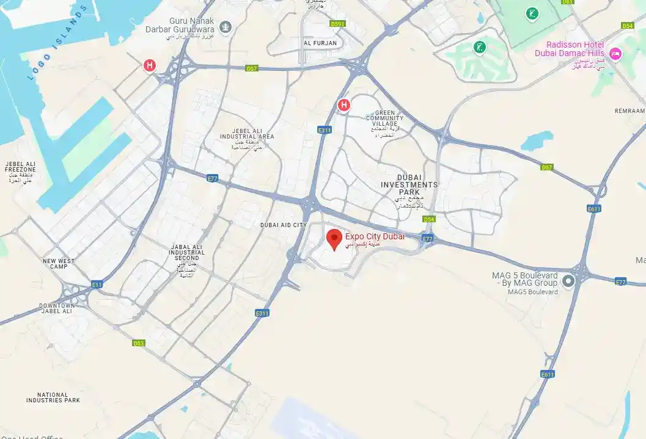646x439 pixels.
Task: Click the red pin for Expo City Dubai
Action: pyautogui.click(x=334, y=239)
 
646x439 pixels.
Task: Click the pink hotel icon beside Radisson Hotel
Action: pyautogui.click(x=616, y=54)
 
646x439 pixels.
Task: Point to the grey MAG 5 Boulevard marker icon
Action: pyautogui.click(x=568, y=281)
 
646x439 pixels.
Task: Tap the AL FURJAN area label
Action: pyautogui.click(x=320, y=43)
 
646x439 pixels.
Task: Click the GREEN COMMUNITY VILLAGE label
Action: pyautogui.click(x=385, y=119)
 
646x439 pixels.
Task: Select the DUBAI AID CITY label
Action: pyautogui.click(x=283, y=225)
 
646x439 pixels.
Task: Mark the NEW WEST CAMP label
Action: pyautogui.click(x=59, y=264)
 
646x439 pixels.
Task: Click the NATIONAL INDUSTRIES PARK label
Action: pyautogui.click(x=53, y=397)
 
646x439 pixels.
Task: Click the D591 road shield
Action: pyautogui.click(x=337, y=24)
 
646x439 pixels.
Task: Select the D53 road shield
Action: pyautogui.click(x=139, y=343)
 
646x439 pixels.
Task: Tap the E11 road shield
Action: pyautogui.click(x=97, y=285)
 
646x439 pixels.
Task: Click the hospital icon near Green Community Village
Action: pyautogui.click(x=344, y=105)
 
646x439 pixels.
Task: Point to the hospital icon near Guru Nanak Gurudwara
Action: pyautogui.click(x=149, y=65)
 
